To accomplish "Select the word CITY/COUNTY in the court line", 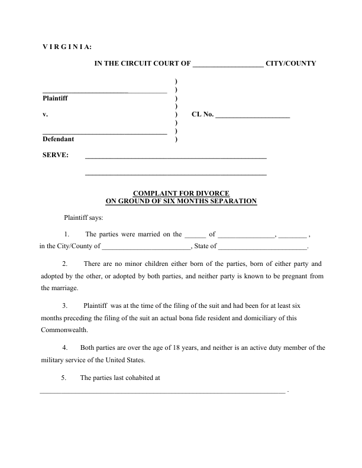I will click(292, 63).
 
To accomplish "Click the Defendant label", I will click(58, 139).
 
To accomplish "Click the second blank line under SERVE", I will click(176, 175).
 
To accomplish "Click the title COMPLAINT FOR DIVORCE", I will click(181, 193).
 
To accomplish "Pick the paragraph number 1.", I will click(67, 234).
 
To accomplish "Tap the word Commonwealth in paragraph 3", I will click(64, 329).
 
